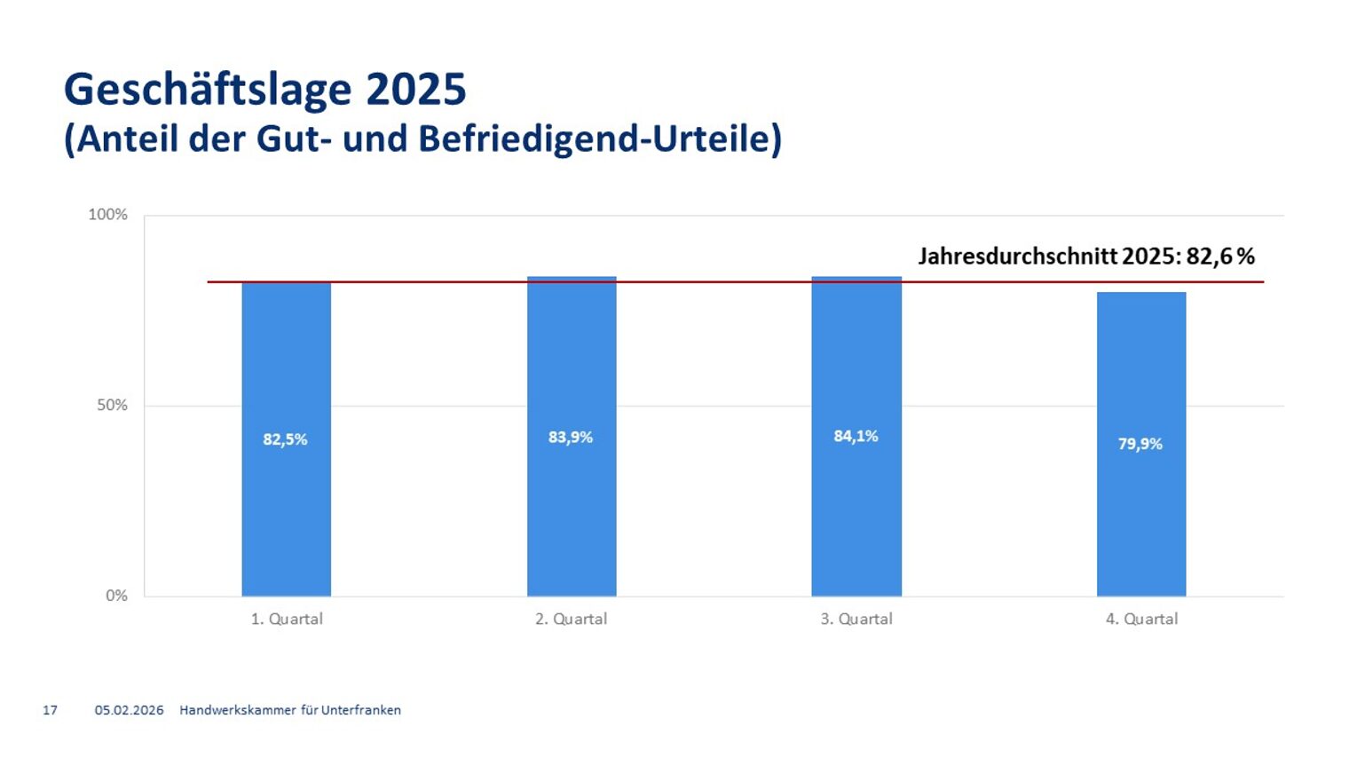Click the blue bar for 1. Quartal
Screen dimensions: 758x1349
pos(286,515)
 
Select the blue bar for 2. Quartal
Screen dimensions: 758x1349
pos(572,515)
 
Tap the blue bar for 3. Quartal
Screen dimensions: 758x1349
pos(856,515)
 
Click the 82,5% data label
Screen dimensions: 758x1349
pos(285,439)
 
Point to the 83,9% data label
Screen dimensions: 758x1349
pos(571,438)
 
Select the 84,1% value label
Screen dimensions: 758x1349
pos(856,436)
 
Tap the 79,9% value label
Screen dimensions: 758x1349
pos(1140,444)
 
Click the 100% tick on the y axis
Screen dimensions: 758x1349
pos(107,215)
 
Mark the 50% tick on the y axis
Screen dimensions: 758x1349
pos(112,406)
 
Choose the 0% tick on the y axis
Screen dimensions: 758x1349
pos(116,596)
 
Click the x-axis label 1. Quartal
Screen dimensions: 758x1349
pos(287,620)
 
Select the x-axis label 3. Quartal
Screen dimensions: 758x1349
pos(856,620)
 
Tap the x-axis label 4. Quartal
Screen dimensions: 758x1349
pos(1141,620)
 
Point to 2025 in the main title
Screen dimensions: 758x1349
pos(416,90)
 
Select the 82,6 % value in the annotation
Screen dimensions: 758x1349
pos(1220,257)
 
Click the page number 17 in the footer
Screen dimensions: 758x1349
pos(51,710)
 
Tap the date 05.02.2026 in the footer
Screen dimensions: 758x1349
pos(130,710)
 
